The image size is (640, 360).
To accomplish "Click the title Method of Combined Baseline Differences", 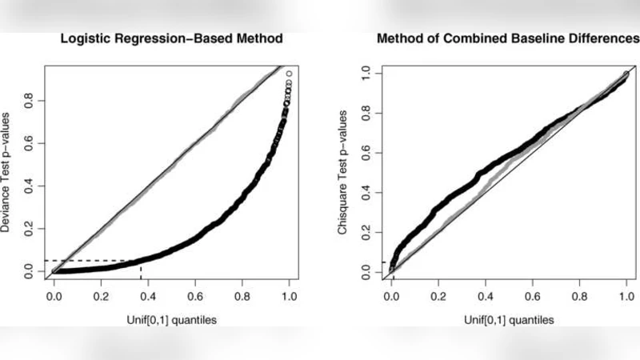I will coord(507,39).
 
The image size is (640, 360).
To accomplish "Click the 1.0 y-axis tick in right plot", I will coord(367,73).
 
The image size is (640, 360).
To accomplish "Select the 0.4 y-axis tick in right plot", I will coord(367,193).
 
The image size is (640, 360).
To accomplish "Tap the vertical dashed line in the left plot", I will coord(141,269).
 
